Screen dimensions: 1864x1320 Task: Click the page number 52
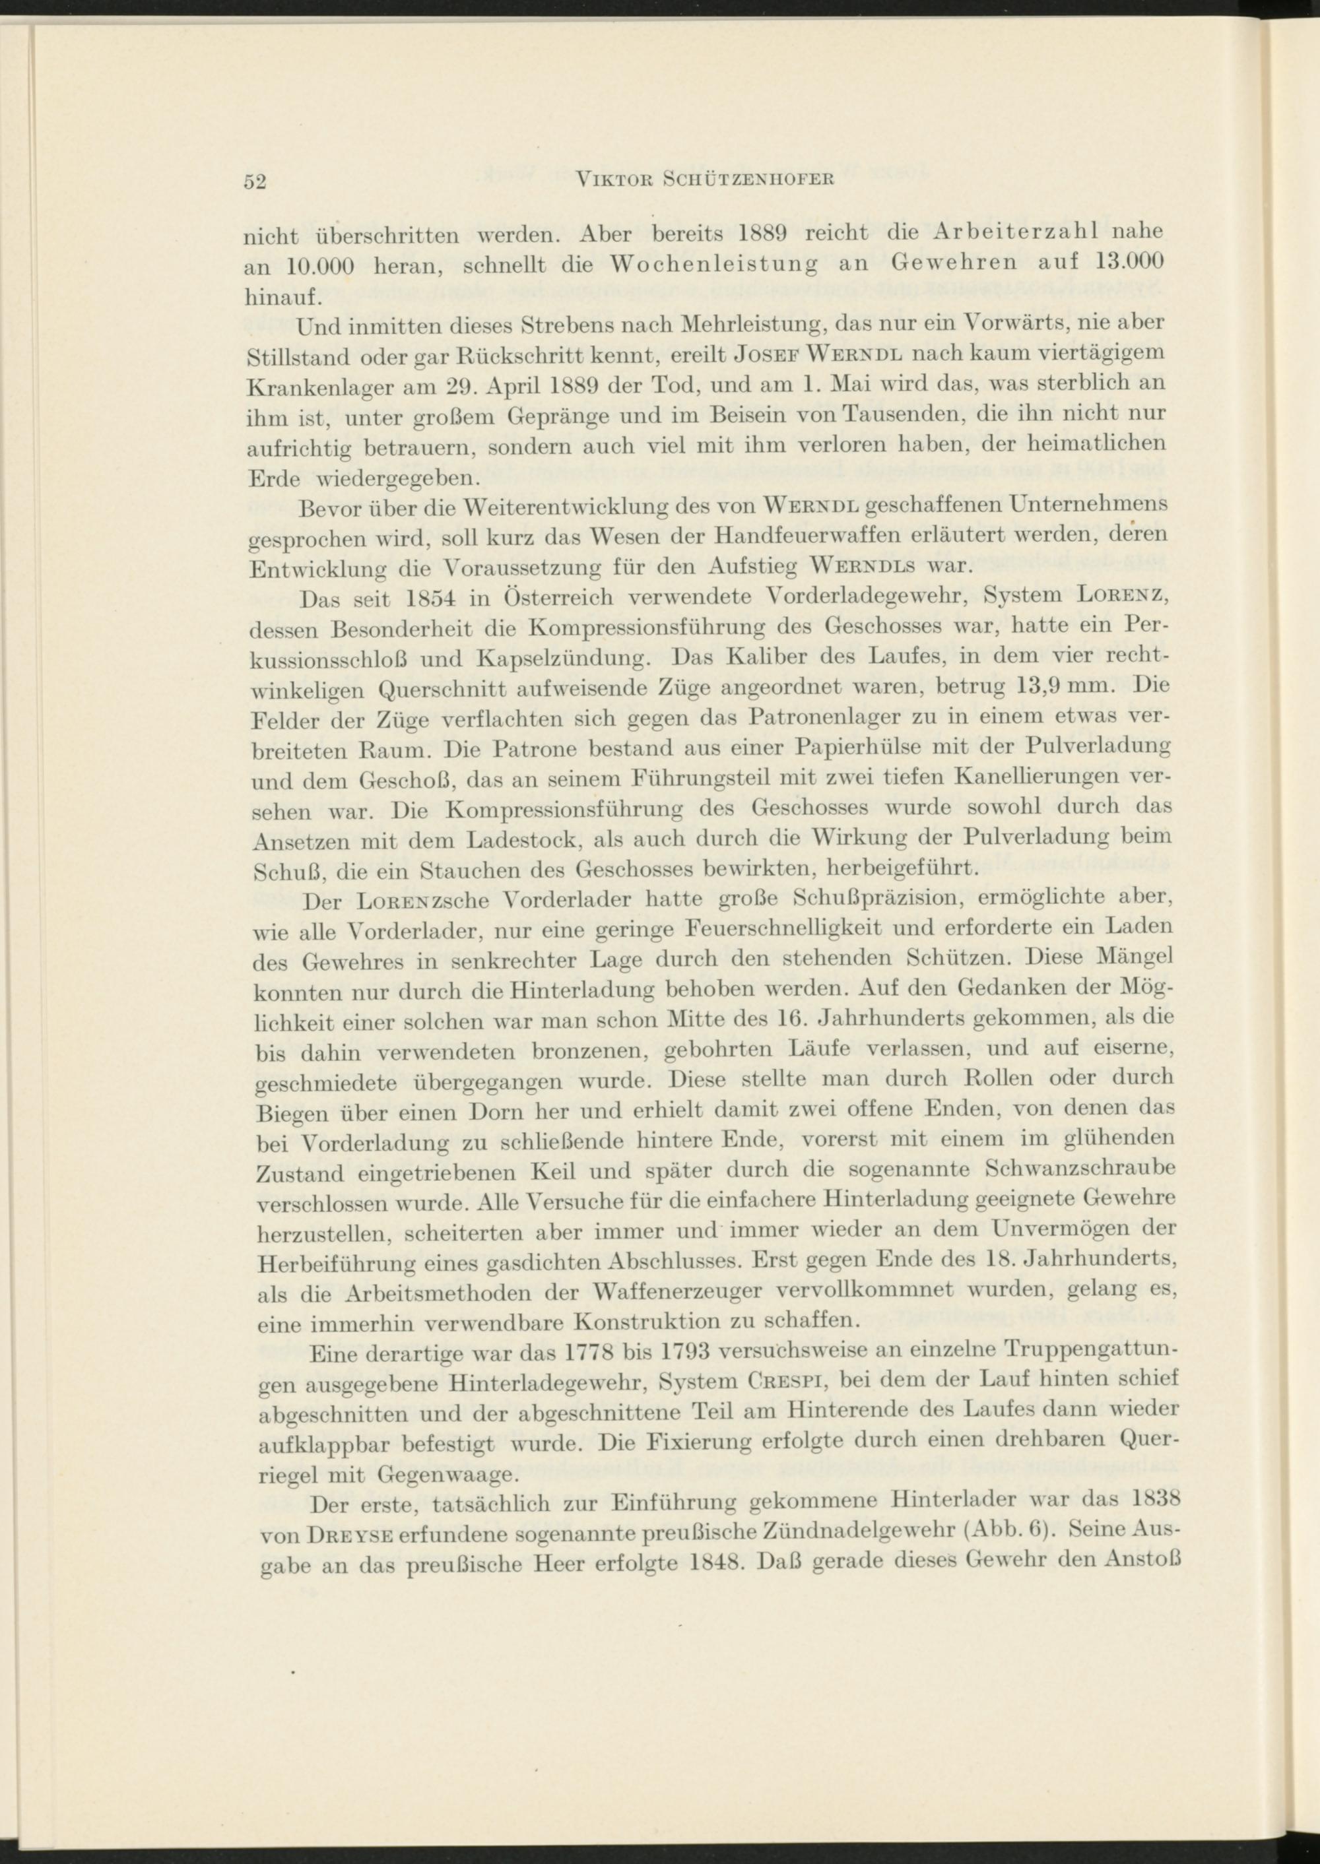tap(256, 182)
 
